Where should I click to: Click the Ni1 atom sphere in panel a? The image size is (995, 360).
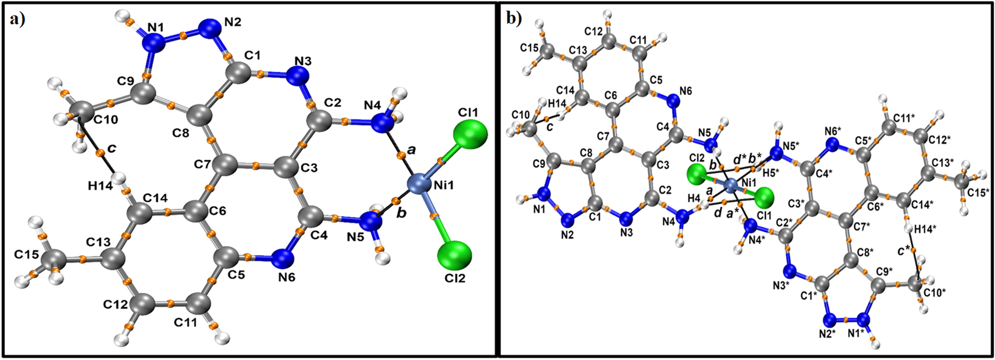421,185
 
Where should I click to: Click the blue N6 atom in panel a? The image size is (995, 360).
283,258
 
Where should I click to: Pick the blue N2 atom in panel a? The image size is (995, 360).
208,28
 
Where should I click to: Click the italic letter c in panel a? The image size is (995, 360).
111,148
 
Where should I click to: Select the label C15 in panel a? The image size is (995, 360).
27,255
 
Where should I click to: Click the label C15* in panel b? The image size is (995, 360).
977,192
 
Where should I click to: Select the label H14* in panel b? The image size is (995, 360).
925,229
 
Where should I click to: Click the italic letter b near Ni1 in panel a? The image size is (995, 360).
401,213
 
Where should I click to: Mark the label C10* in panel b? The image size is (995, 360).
934,292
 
